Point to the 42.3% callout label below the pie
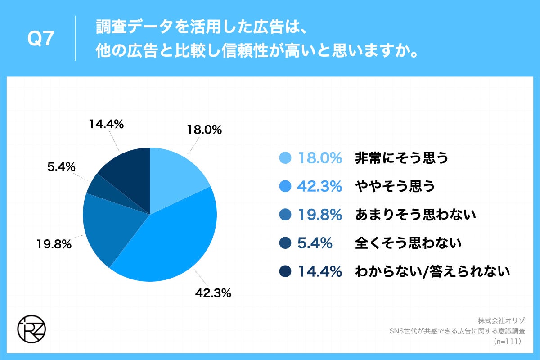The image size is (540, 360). tap(213, 293)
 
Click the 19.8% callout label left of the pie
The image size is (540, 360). tap(54, 244)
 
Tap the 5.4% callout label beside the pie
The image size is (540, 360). tap(61, 167)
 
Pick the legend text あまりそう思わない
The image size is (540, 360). tap(415, 215)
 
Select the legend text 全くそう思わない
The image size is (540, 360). tap(408, 243)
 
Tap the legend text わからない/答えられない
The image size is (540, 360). tap(432, 271)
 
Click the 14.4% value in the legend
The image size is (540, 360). tap(319, 271)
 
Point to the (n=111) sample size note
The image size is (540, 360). tap(507, 342)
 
